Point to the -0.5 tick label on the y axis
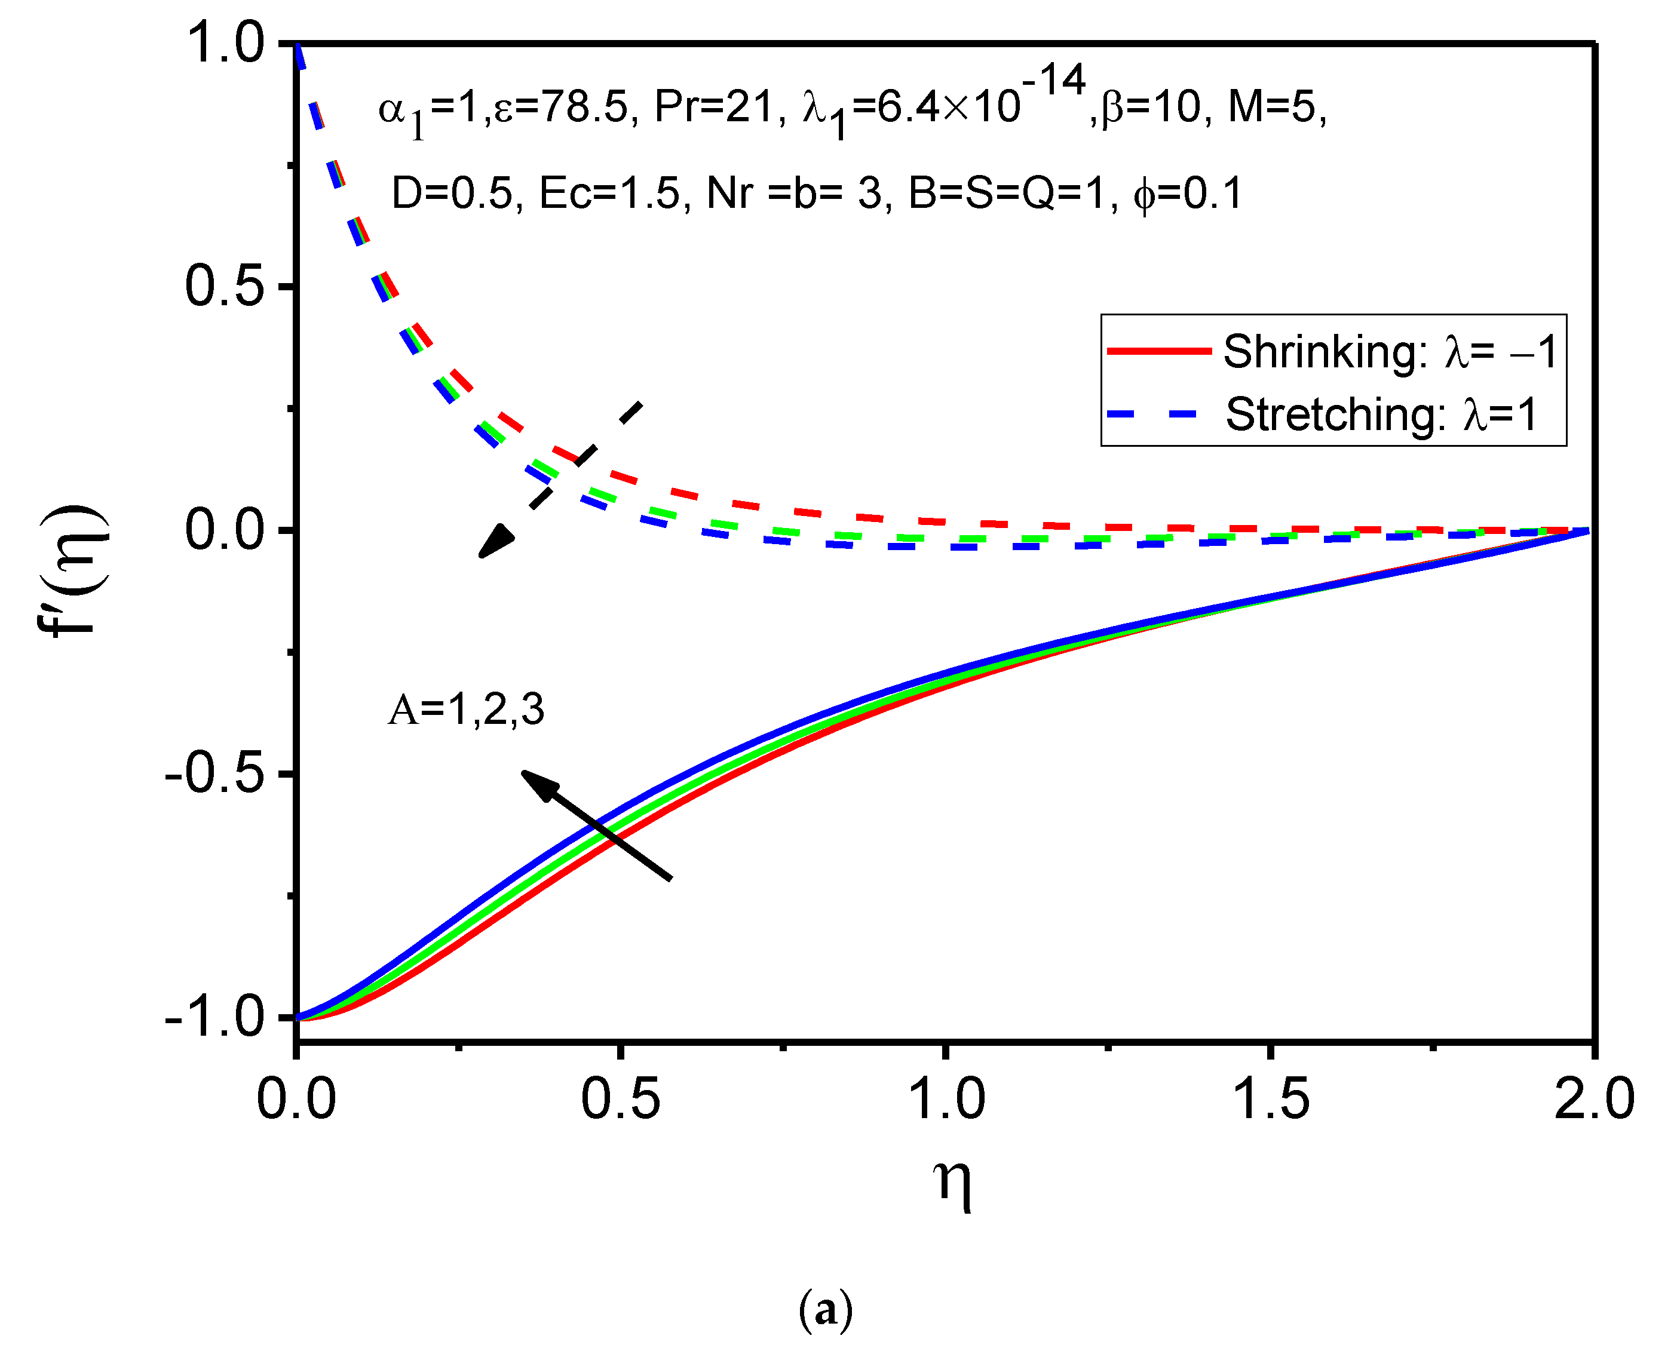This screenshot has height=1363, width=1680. point(214,775)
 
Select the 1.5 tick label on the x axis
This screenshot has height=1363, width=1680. point(1271,1099)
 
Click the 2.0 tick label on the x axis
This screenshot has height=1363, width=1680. point(1595,1099)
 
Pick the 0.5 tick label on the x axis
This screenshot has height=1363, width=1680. point(621,1099)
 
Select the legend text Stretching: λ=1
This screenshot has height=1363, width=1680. point(1381,415)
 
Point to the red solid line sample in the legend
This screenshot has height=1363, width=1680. point(1159,351)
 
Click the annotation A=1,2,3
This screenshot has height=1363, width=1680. point(466,710)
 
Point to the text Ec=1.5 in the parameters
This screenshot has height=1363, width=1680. point(609,193)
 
